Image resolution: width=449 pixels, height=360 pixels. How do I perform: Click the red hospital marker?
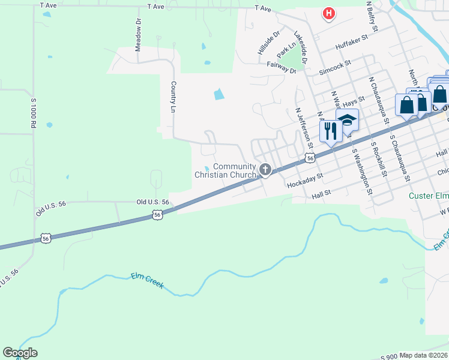click(x=328, y=13)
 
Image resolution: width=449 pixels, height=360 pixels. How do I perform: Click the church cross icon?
click(x=265, y=170)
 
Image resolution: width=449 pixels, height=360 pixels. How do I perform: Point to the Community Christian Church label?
click(x=226, y=170)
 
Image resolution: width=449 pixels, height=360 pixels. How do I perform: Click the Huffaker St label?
click(x=351, y=46)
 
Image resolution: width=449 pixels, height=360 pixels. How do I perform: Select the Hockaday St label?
click(x=305, y=179)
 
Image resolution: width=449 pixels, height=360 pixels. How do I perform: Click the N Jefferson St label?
click(x=304, y=128)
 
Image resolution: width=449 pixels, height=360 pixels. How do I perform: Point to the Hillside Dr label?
click(x=269, y=43)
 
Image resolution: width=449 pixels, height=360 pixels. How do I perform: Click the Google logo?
click(x=20, y=353)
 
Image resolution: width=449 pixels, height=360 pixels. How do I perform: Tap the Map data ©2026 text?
click(x=423, y=355)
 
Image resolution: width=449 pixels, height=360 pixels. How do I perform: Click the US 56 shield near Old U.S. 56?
click(x=157, y=214)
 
